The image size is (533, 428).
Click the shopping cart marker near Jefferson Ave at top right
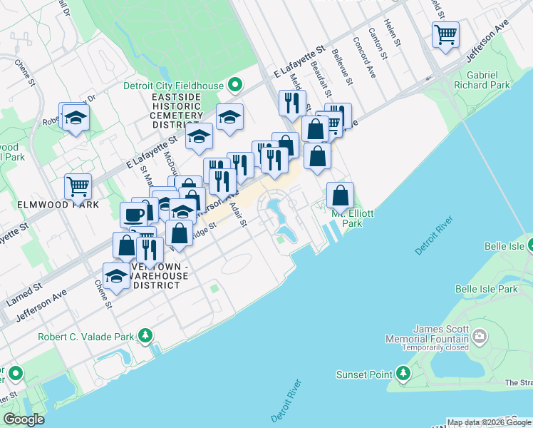coord(445,34)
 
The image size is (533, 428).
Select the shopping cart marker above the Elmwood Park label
coord(78,187)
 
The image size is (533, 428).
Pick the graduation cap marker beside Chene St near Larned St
coord(115,276)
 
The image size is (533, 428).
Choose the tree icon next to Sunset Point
coord(404,373)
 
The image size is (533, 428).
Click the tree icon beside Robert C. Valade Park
coord(146,335)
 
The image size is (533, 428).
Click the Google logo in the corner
coord(24,419)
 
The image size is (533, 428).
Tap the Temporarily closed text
coord(435,347)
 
